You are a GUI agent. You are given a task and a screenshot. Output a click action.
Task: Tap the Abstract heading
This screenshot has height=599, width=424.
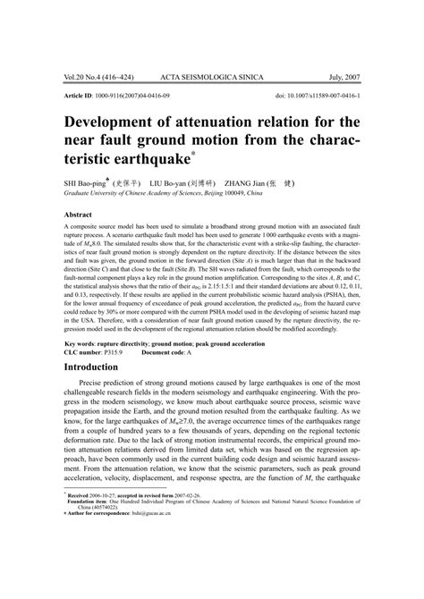80,215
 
